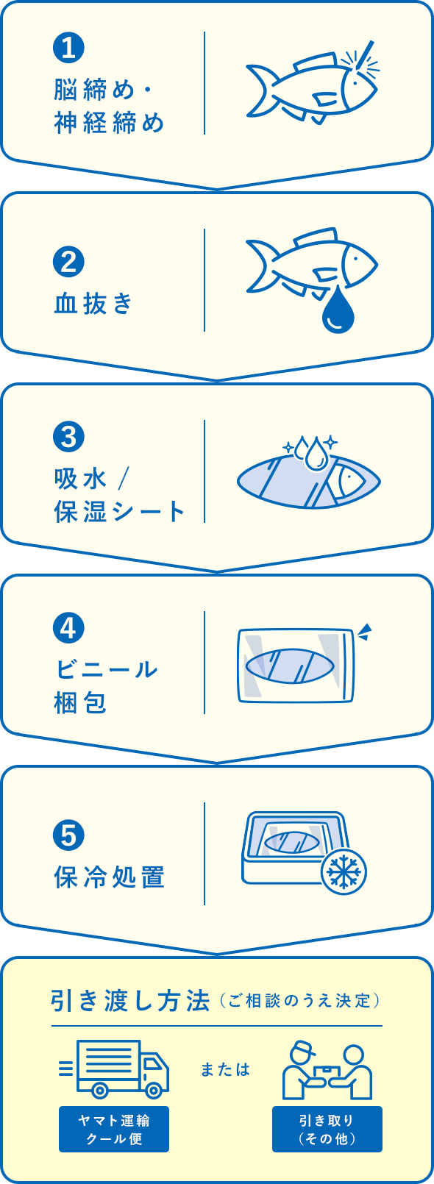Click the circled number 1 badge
point(68,47)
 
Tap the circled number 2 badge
point(68,262)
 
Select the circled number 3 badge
point(68,437)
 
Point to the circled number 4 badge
point(68,628)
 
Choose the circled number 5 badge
point(68,835)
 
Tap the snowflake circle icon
point(344,871)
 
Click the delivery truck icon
point(114,1069)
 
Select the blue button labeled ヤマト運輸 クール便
point(114,1129)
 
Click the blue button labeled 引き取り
point(327,1129)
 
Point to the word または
point(226,1069)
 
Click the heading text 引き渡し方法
point(131,1001)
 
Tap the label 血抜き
point(93,304)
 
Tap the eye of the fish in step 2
point(356,259)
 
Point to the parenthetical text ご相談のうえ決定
point(299,1001)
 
